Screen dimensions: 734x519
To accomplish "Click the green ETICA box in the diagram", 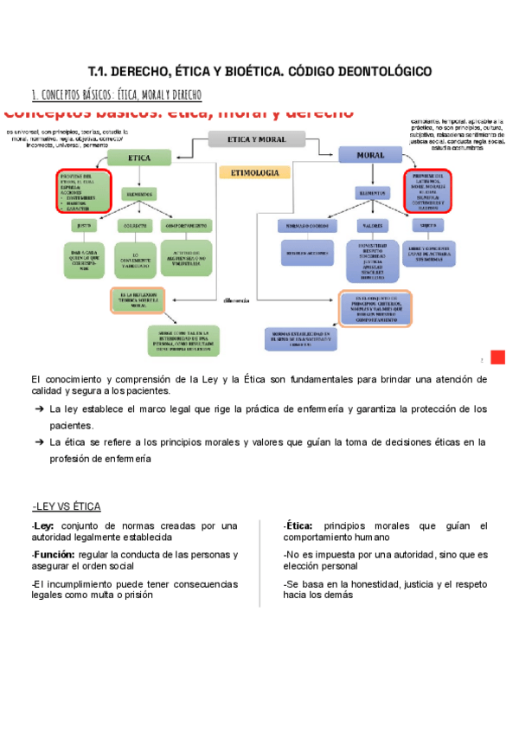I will tap(139, 158).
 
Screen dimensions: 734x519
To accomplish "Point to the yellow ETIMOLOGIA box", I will tap(253, 173).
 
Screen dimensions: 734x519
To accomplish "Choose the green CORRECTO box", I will tap(132, 225).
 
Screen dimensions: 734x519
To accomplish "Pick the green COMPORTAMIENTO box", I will tap(185, 225).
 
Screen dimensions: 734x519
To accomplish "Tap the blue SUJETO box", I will tap(428, 225).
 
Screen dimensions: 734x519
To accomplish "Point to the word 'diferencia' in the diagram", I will tap(235, 299).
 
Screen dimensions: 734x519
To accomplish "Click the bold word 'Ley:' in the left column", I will tap(43, 526).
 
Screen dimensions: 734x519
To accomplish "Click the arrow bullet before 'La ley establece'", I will tap(40, 409).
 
